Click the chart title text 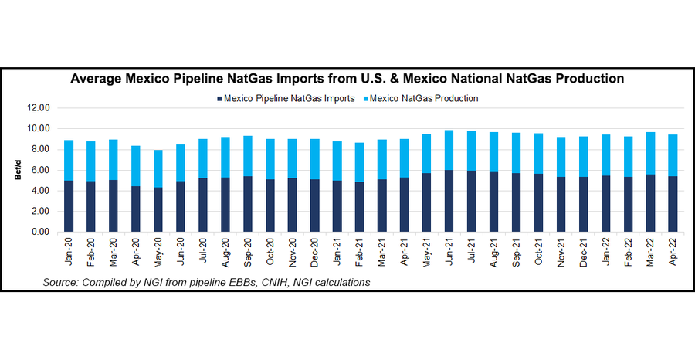(347, 79)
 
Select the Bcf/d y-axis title (16, 170)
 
